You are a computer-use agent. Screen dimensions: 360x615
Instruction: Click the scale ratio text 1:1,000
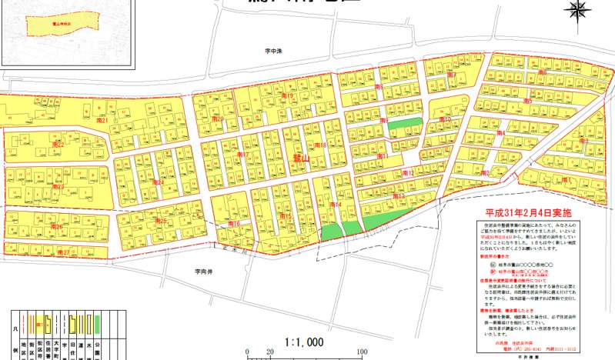click(304, 342)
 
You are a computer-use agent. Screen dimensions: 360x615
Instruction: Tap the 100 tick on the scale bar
click(363, 352)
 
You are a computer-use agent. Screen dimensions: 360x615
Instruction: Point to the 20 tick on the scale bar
click(269, 352)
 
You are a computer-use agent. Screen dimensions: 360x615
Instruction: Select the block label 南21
click(102, 121)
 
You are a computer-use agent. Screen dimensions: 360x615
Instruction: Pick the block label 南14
click(336, 205)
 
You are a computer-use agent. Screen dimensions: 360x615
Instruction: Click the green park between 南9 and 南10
click(404, 123)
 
